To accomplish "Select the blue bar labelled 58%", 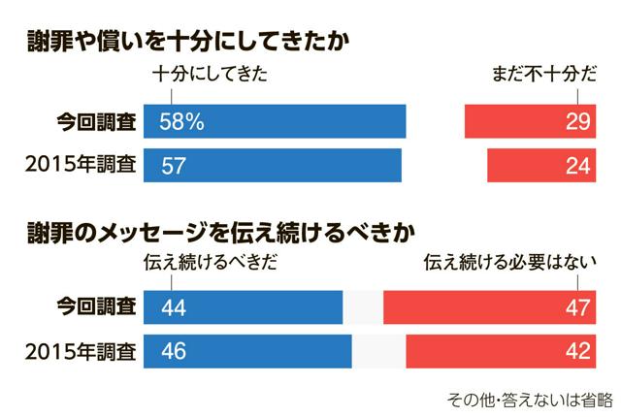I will click(x=274, y=121).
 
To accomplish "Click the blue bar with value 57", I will click(x=272, y=166).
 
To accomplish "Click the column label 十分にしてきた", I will click(x=210, y=76).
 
